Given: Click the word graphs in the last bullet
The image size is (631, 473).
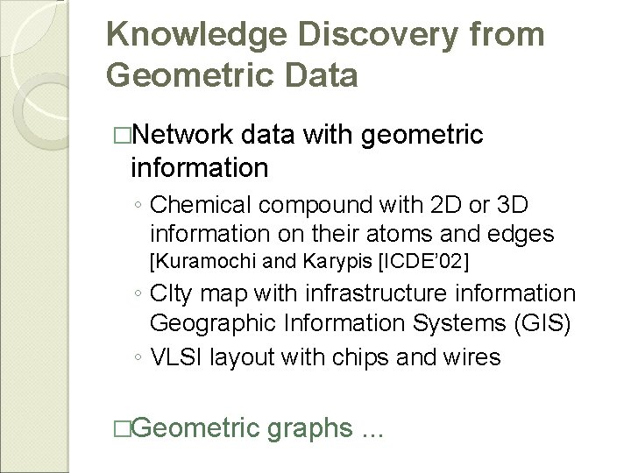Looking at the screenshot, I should (x=309, y=430).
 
